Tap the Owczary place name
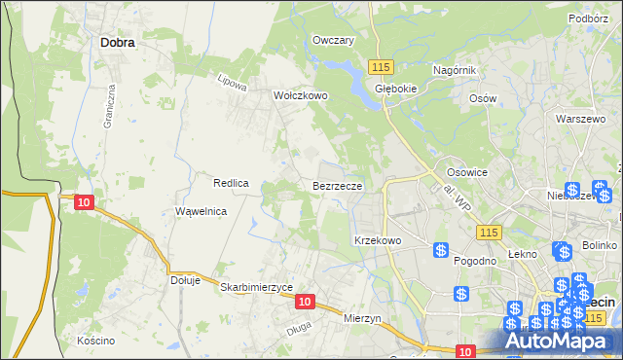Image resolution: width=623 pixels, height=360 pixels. tap(333, 40)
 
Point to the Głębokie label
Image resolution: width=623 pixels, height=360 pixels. tap(396, 87)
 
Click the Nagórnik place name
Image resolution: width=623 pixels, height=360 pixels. tap(454, 70)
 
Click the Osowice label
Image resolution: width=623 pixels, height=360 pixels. tap(466, 171)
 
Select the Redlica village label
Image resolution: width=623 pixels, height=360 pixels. tap(232, 183)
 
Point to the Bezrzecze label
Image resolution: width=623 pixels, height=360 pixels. tap(338, 185)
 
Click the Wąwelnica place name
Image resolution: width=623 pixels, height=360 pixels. tap(202, 211)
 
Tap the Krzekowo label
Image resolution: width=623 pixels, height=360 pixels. tap(378, 239)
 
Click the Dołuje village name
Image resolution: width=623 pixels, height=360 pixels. tap(185, 280)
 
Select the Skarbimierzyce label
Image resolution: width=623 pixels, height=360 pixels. tap(257, 288)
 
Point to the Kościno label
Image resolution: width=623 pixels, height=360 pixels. tap(96, 341)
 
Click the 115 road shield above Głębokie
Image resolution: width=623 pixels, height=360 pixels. tap(381, 65)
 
